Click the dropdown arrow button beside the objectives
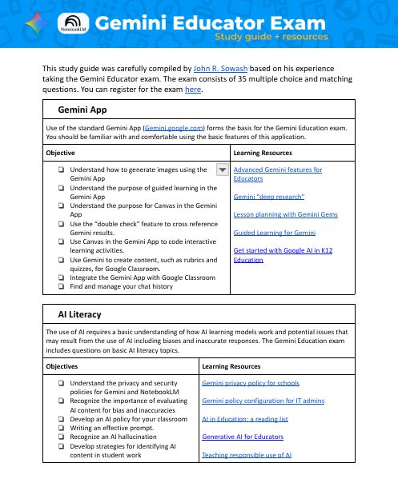(x=223, y=169)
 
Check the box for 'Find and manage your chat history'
(x=61, y=285)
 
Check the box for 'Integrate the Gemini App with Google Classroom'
(x=61, y=277)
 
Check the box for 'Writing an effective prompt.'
(x=61, y=429)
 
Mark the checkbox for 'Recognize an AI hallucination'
(x=61, y=439)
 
